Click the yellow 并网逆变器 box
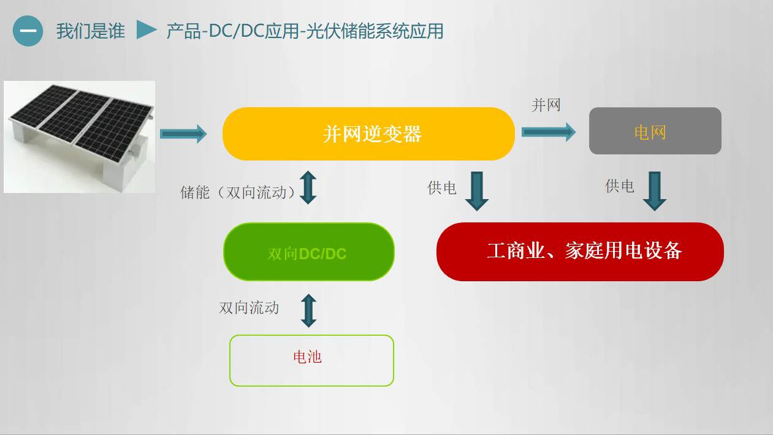368,134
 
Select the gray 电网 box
655,130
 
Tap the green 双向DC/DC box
309,252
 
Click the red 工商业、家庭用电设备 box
580,252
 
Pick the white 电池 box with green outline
311,360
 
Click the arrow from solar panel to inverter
183,134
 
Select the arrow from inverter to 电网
549,132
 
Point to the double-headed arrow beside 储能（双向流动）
308,187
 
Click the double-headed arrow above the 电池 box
308,311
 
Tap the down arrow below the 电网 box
655,191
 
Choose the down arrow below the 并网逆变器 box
477,191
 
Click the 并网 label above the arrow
546,105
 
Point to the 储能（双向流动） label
237,192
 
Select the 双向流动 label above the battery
249,308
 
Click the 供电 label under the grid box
620,186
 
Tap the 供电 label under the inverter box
442,187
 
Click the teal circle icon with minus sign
28,31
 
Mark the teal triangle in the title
147,29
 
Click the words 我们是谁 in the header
91,31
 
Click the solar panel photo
79,137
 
